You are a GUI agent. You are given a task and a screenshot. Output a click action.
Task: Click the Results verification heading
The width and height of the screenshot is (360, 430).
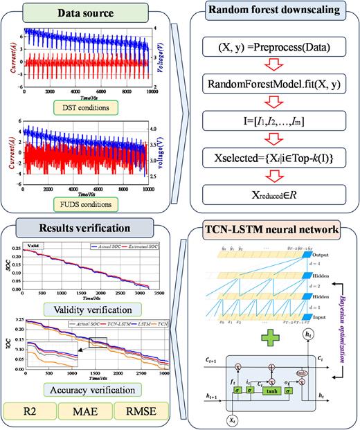(x=90, y=228)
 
